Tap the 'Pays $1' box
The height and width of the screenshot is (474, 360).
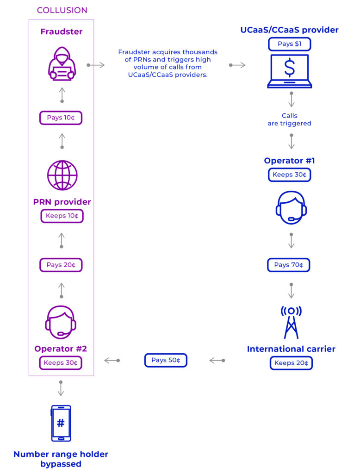pyautogui.click(x=289, y=44)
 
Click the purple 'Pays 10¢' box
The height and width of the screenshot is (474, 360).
pyautogui.click(x=61, y=118)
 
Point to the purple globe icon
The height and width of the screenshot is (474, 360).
pyautogui.click(x=62, y=175)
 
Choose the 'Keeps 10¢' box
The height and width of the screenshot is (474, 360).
pyautogui.click(x=62, y=216)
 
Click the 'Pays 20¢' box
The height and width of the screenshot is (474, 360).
pyautogui.click(x=61, y=265)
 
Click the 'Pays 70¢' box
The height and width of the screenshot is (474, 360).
pyautogui.click(x=288, y=265)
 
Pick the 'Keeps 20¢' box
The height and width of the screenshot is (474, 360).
pyautogui.click(x=291, y=363)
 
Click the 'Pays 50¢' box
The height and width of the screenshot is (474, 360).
pyautogui.click(x=166, y=360)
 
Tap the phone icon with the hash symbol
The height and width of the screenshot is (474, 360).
pyautogui.click(x=61, y=423)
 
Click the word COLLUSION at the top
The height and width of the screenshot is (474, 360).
pyautogui.click(x=62, y=10)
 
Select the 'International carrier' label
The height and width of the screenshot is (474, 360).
pyautogui.click(x=291, y=349)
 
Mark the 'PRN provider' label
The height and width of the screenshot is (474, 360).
pyautogui.click(x=62, y=202)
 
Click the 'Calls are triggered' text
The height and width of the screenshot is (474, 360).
pyautogui.click(x=289, y=119)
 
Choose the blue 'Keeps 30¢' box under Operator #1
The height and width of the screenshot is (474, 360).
pyautogui.click(x=290, y=175)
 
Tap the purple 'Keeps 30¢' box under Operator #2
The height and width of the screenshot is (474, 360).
pyautogui.click(x=61, y=363)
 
